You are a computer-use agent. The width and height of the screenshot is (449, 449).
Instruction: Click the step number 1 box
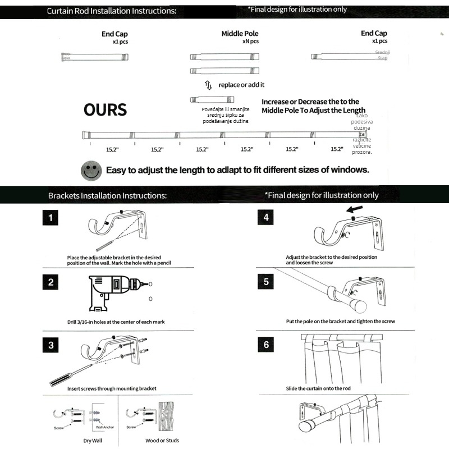coord(51,217)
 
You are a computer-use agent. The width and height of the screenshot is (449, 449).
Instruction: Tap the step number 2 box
coord(51,282)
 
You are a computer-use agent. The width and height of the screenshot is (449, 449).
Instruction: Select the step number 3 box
coord(51,345)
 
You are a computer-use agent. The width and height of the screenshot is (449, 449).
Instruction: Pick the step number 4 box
coord(266,217)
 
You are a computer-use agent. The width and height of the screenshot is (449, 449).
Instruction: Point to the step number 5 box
coord(266,282)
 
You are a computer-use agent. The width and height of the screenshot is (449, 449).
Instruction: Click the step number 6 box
coord(266,345)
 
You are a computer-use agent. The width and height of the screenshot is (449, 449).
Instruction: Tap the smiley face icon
coord(91,170)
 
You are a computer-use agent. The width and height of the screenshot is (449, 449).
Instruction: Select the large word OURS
coord(105,109)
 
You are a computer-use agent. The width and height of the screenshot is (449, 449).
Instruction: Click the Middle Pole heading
coord(240,34)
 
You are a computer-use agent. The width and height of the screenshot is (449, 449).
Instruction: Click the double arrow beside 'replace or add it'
coord(208,85)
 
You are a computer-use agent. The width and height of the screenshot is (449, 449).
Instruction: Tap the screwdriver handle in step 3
coord(61,379)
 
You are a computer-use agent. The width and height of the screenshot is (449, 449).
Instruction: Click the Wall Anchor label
coord(105,427)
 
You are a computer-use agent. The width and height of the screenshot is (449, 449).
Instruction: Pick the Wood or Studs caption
coord(162,441)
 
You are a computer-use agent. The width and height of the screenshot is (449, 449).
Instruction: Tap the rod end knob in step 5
coord(358,307)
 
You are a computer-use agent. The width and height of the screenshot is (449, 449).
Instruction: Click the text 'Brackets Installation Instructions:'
coord(107,196)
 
